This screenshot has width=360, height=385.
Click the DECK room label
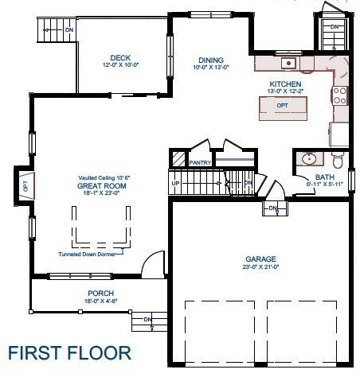pyautogui.click(x=121, y=57)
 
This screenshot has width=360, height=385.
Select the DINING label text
pyautogui.click(x=210, y=60)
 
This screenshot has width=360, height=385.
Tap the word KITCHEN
pyautogui.click(x=284, y=84)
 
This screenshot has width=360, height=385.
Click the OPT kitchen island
pyautogui.click(x=282, y=106)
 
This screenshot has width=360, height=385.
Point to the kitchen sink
pyautogui.click(x=289, y=63)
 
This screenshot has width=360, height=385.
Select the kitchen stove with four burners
pyautogui.click(x=339, y=95)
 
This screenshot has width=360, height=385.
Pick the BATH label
pyautogui.click(x=324, y=177)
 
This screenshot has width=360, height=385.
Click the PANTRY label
pyautogui.click(x=198, y=162)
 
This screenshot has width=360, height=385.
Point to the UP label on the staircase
pyautogui.click(x=176, y=183)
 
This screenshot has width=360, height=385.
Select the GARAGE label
pyautogui.click(x=260, y=259)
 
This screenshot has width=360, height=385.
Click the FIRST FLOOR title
pyautogui.click(x=69, y=352)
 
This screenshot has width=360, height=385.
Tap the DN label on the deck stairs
pyautogui.click(x=70, y=30)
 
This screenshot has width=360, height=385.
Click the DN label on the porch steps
pyautogui.click(x=147, y=320)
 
